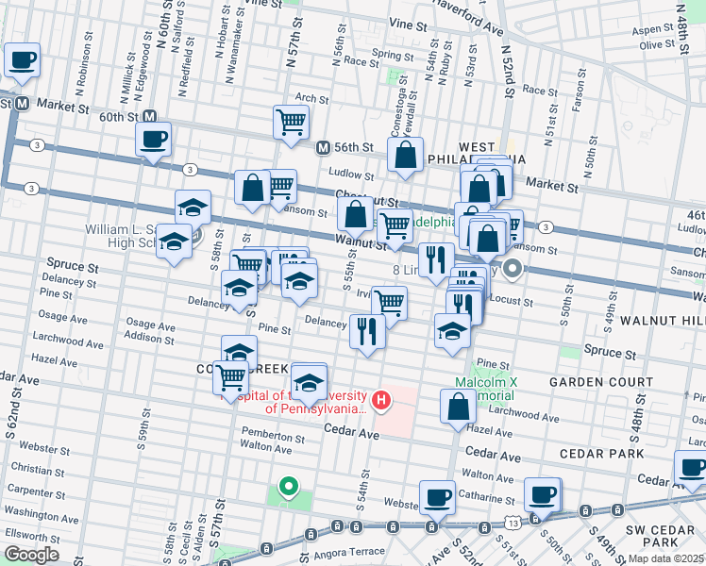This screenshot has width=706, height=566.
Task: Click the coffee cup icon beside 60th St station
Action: click(152, 141)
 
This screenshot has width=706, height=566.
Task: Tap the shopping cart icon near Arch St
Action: click(291, 122)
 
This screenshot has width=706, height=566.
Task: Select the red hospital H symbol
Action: click(380, 401)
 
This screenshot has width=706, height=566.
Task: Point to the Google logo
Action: click(31, 555)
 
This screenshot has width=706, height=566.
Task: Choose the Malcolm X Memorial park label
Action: click(487, 390)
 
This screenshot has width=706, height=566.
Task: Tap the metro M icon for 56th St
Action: click(323, 148)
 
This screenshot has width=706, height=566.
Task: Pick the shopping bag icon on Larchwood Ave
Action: click(458, 407)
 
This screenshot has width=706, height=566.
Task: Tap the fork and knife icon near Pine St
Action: click(366, 331)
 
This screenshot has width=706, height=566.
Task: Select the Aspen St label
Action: click(660, 29)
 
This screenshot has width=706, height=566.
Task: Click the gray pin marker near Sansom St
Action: click(513, 269)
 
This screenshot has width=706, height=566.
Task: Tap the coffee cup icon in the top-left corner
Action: click(22, 60)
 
